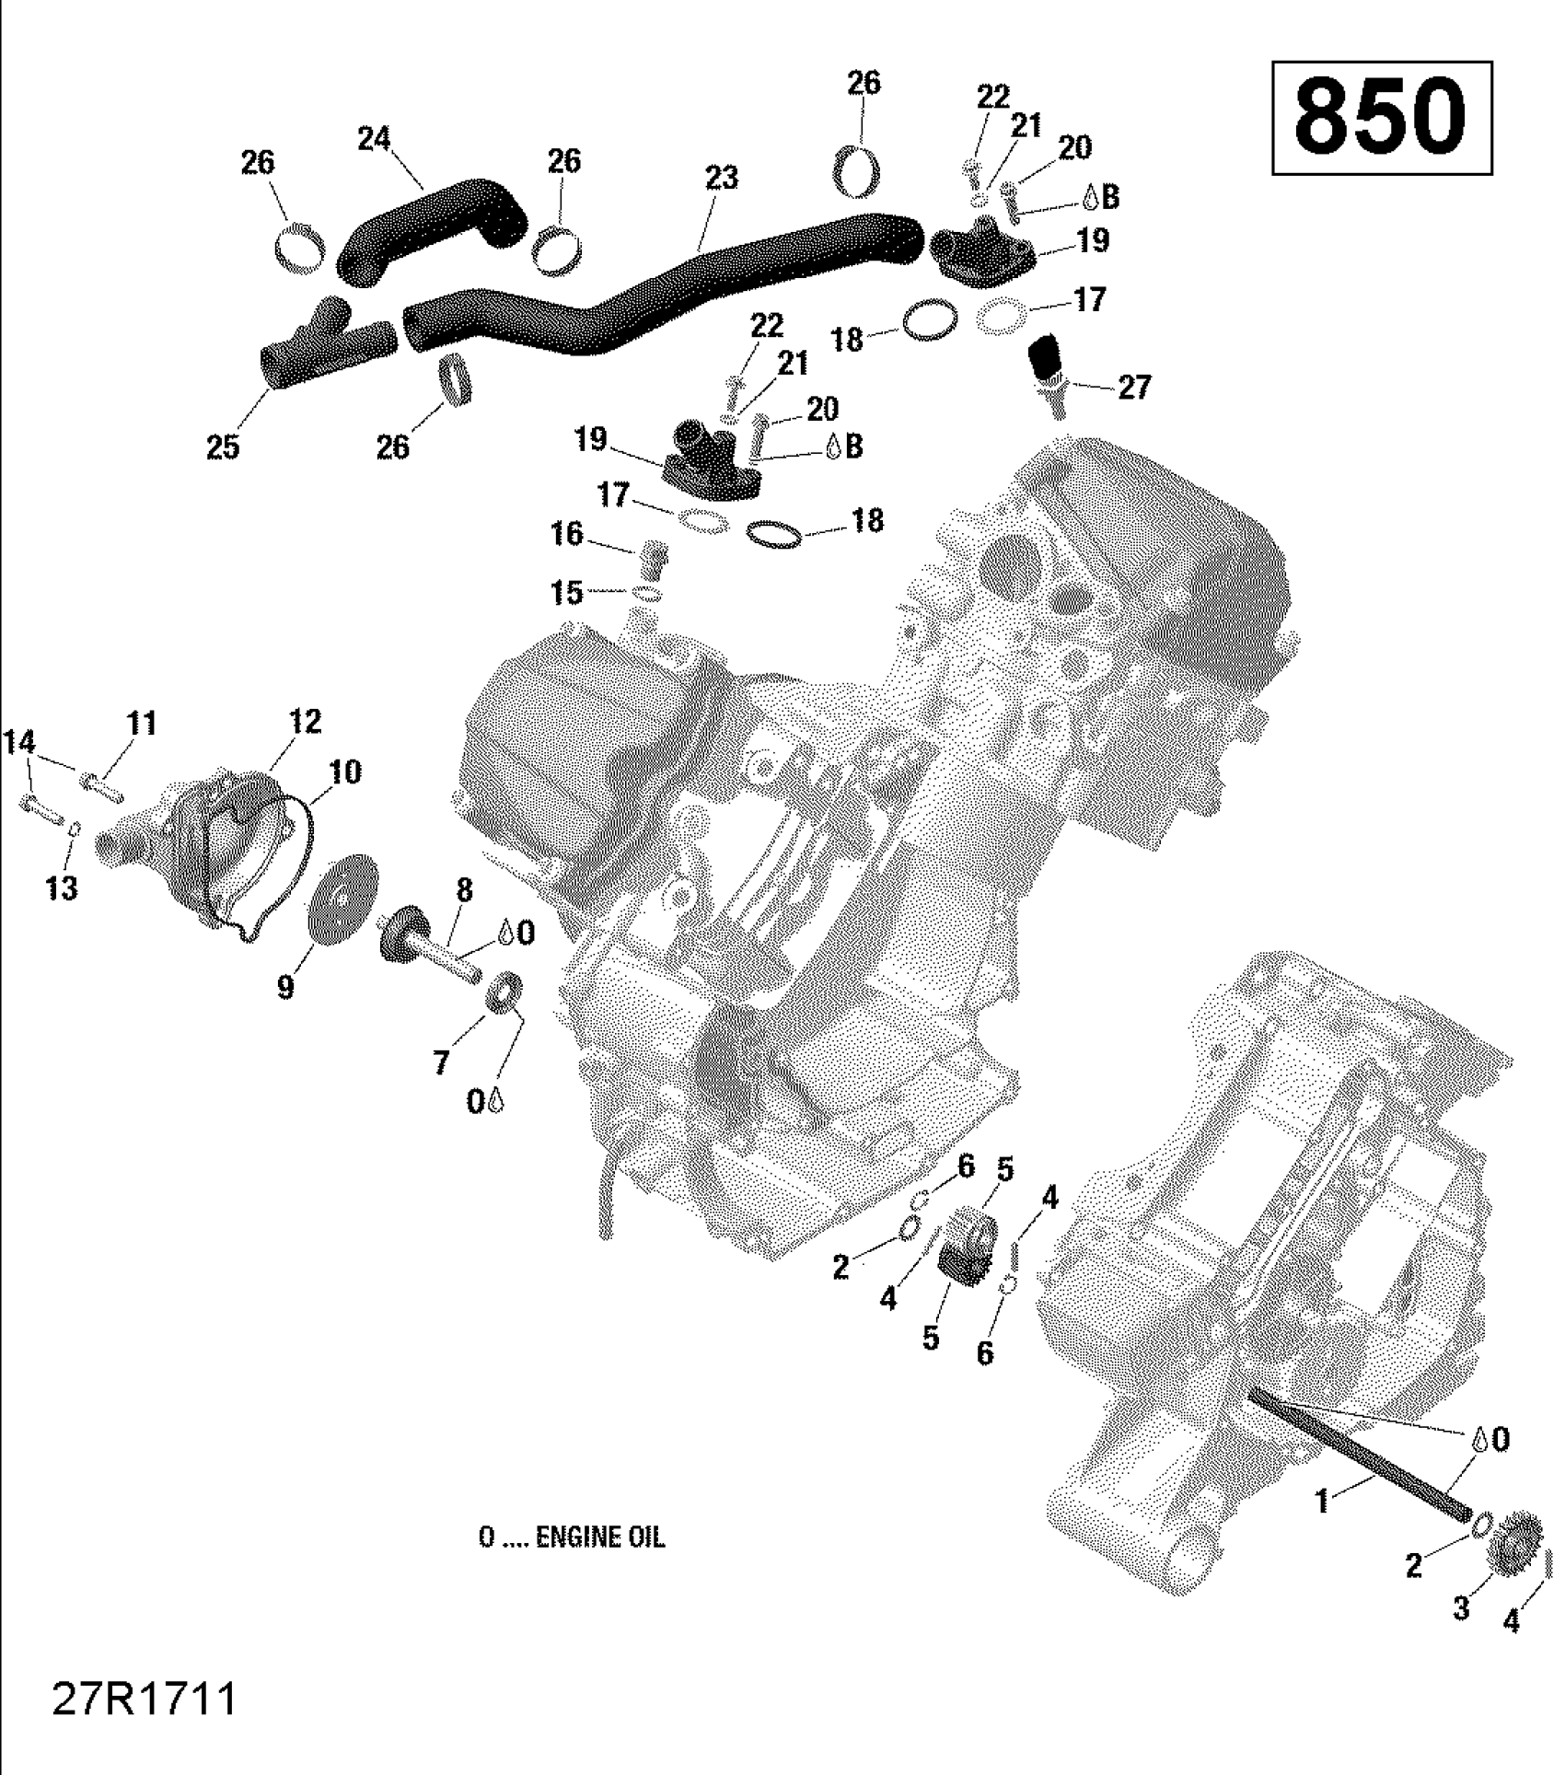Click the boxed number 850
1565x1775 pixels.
pyautogui.click(x=1381, y=117)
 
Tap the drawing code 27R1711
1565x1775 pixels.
pyautogui.click(x=145, y=1700)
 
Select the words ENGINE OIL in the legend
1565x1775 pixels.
pyautogui.click(x=599, y=1537)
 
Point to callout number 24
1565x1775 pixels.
pyautogui.click(x=375, y=139)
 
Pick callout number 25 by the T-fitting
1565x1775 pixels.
pyautogui.click(x=223, y=447)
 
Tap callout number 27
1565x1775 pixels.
pyautogui.click(x=1134, y=387)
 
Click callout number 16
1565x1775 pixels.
pyautogui.click(x=567, y=533)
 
